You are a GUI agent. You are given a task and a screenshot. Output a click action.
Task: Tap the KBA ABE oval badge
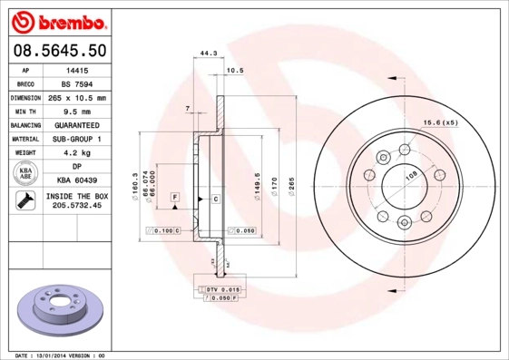(25, 174)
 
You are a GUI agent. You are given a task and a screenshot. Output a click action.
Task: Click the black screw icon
(24, 201)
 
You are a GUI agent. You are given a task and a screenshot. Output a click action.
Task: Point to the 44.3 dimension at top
(207, 54)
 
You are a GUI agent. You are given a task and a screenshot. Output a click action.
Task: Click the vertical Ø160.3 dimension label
(135, 187)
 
